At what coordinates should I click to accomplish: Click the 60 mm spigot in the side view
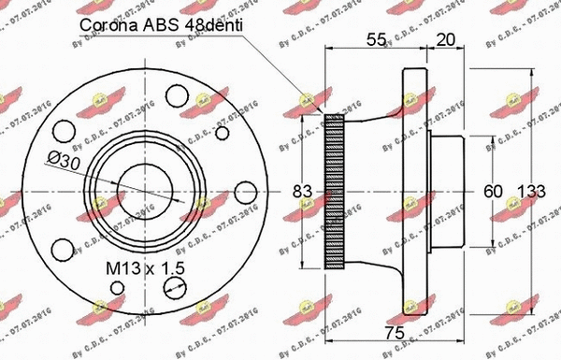(449, 191)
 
